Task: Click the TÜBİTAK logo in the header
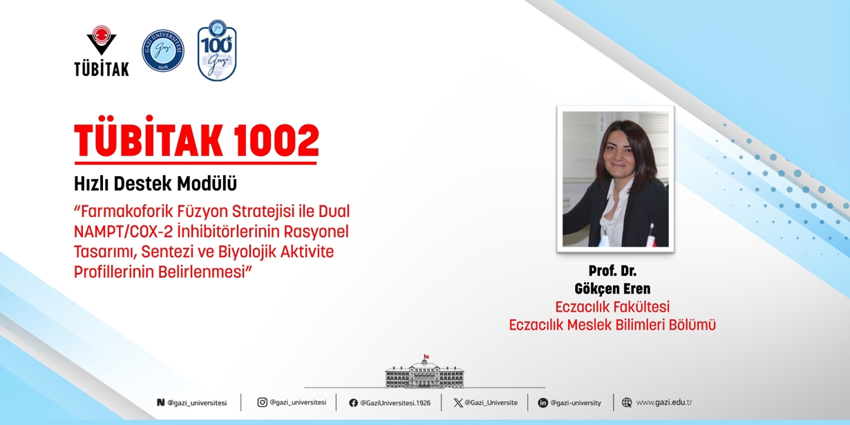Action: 101,51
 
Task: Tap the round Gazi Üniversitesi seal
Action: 163,50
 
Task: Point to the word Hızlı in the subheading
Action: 91,185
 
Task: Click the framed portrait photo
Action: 615,179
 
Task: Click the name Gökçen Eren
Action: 612,288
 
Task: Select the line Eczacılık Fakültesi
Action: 612,306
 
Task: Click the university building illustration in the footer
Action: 424,373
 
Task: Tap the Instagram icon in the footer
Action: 262,402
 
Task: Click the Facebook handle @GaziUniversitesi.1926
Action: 395,403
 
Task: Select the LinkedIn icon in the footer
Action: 542,403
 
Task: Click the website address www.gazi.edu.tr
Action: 663,402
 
